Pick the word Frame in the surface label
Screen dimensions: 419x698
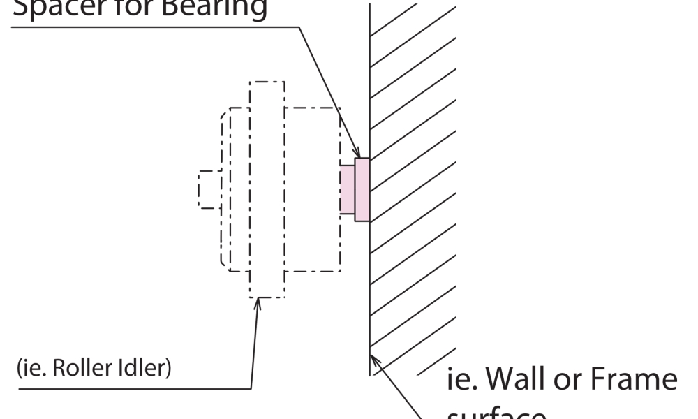635,381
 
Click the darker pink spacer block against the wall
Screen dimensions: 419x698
362,190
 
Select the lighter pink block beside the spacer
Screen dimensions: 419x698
347,189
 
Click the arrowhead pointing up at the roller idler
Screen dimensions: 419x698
258,302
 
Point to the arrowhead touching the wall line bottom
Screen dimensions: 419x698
375,358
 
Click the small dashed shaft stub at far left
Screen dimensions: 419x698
209,189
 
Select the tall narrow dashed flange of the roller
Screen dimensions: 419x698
267,189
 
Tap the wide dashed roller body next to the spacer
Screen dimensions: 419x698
312,189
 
